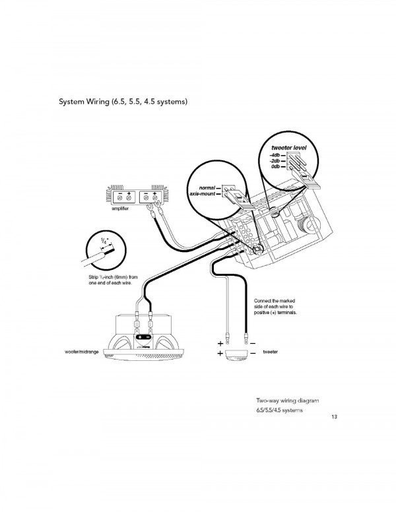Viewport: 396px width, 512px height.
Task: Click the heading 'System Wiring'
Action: (84, 102)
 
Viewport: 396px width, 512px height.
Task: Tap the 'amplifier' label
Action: (120, 208)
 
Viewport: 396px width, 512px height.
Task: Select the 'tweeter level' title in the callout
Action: (289, 148)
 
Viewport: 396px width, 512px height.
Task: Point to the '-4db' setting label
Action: (275, 155)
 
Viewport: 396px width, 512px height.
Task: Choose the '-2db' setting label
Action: (275, 161)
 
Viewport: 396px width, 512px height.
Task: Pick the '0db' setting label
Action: (275, 167)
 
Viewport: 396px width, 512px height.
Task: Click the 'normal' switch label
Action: (207, 188)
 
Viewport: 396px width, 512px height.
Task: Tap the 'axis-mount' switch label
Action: (202, 194)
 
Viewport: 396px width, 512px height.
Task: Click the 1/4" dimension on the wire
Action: (104, 242)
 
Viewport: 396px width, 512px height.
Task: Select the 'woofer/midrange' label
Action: (82, 352)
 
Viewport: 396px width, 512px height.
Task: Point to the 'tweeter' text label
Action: (271, 352)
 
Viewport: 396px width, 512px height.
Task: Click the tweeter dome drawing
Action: (236, 356)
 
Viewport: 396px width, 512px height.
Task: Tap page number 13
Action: (334, 416)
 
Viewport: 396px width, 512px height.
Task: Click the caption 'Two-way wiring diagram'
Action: (288, 400)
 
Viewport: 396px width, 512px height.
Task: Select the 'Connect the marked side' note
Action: (275, 307)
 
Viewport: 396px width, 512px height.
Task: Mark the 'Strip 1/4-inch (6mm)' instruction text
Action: (113, 280)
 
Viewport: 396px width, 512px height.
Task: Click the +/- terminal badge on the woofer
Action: (143, 336)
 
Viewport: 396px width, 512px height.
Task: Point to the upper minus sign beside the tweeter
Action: (253, 344)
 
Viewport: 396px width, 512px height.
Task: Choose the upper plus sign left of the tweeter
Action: (220, 344)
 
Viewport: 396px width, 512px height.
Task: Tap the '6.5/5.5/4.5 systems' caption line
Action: (279, 410)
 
